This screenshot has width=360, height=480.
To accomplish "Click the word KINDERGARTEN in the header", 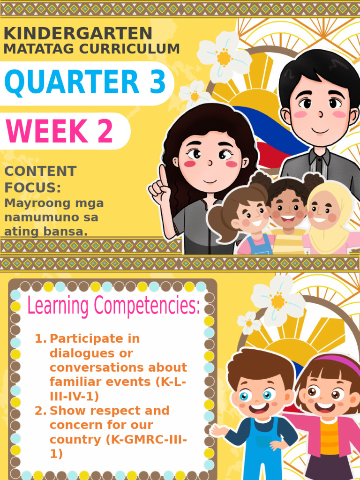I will pyautogui.click(x=78, y=33).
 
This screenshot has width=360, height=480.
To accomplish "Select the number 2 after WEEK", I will pyautogui.click(x=105, y=131).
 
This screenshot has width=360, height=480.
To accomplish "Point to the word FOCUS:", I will pyautogui.click(x=33, y=188).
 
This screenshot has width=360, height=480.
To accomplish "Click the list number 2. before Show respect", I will pyautogui.click(x=41, y=411).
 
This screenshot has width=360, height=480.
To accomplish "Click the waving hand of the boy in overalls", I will pyautogui.click(x=217, y=430).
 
